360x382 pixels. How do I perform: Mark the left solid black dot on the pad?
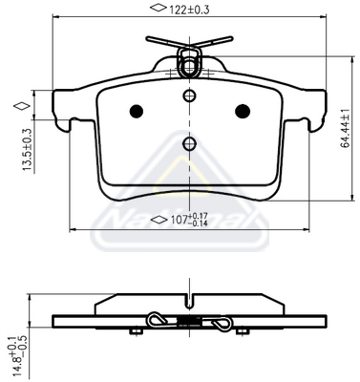135,110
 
